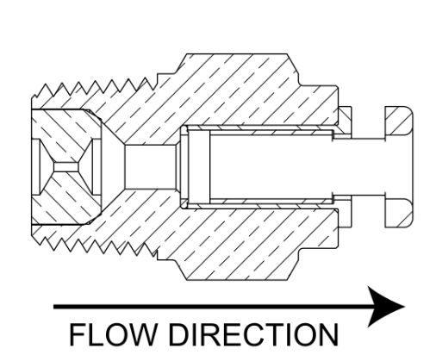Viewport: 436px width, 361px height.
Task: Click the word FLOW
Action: coord(113,334)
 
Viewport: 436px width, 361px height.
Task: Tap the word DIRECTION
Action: coord(253,334)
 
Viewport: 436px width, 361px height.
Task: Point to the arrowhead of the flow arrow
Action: coord(386,307)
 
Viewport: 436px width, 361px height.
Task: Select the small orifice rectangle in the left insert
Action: coord(65,167)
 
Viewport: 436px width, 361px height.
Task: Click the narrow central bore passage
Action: coord(150,167)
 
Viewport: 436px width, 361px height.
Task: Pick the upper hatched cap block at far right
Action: coord(399,121)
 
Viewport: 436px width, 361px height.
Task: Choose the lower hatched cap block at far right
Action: coord(399,213)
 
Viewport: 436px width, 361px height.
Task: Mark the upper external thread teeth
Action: coord(95,88)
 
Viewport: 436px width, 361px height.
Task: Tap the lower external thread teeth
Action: coord(95,246)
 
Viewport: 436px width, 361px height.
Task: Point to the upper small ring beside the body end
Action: coord(345,120)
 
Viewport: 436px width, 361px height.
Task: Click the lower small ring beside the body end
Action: coord(345,213)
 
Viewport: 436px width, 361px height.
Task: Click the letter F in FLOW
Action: coord(76,334)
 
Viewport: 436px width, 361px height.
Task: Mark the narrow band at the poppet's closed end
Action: coord(199,167)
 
